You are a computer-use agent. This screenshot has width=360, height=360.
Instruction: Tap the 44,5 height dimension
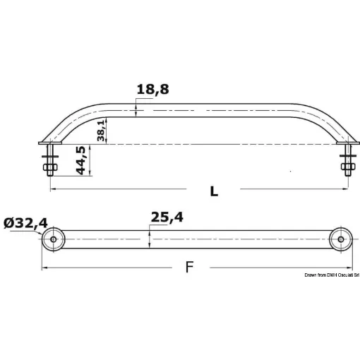pos(81,161)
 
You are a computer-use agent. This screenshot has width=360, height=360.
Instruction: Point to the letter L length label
pos(214,191)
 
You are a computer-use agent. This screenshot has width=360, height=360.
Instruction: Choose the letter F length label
pos(188,267)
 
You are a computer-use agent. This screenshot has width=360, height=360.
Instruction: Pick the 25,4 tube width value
pos(166,218)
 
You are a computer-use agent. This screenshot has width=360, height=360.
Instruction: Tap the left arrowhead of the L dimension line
pos(53,189)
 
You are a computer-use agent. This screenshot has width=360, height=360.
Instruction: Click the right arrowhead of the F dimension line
pos(349,268)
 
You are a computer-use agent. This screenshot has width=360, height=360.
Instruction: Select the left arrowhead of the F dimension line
pos(44,268)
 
